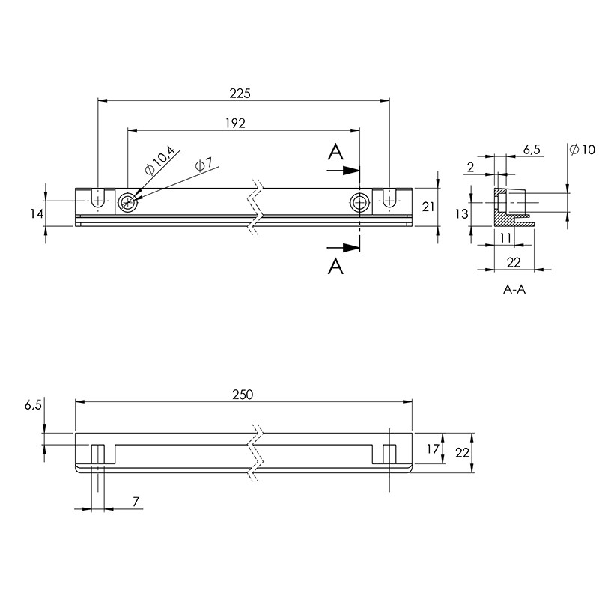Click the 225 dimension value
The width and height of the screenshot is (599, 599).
[x=240, y=93]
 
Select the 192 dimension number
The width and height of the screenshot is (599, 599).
[x=235, y=123]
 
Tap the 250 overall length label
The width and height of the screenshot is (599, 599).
[x=243, y=395]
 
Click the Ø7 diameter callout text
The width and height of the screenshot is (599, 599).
[x=204, y=165]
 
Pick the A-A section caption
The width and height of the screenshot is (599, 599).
[x=514, y=289]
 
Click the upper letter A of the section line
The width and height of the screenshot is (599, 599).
[x=335, y=152]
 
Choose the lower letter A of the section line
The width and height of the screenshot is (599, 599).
[x=335, y=266]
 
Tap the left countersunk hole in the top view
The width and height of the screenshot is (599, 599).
[x=127, y=202]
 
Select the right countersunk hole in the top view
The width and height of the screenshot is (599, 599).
[x=359, y=202]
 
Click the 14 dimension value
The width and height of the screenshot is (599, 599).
[x=37, y=214]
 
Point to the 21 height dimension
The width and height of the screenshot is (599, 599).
[x=428, y=207]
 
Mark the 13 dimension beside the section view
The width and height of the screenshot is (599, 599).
[x=462, y=213]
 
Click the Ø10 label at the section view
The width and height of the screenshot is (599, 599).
[x=583, y=149]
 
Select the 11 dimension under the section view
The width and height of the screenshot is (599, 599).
[x=505, y=237]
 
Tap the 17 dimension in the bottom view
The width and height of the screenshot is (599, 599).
[x=433, y=449]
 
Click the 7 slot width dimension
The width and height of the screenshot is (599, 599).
[x=136, y=501]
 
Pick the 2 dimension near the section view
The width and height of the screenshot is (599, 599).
[x=471, y=167]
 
